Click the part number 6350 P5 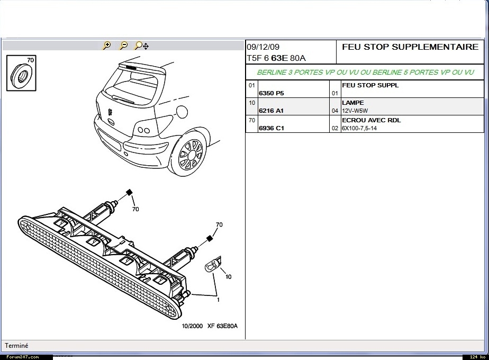point(271,93)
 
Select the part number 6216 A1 point(271,111)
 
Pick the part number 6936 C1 point(271,128)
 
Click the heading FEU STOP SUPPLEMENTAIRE point(410,47)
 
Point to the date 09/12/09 point(264,47)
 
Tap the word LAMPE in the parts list point(353,103)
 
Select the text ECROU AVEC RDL point(371,120)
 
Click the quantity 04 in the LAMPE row point(334,111)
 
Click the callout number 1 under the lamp point(218,299)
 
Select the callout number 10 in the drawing point(228,276)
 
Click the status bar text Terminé point(16,346)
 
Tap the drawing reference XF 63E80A point(222,326)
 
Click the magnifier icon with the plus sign point(106,46)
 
